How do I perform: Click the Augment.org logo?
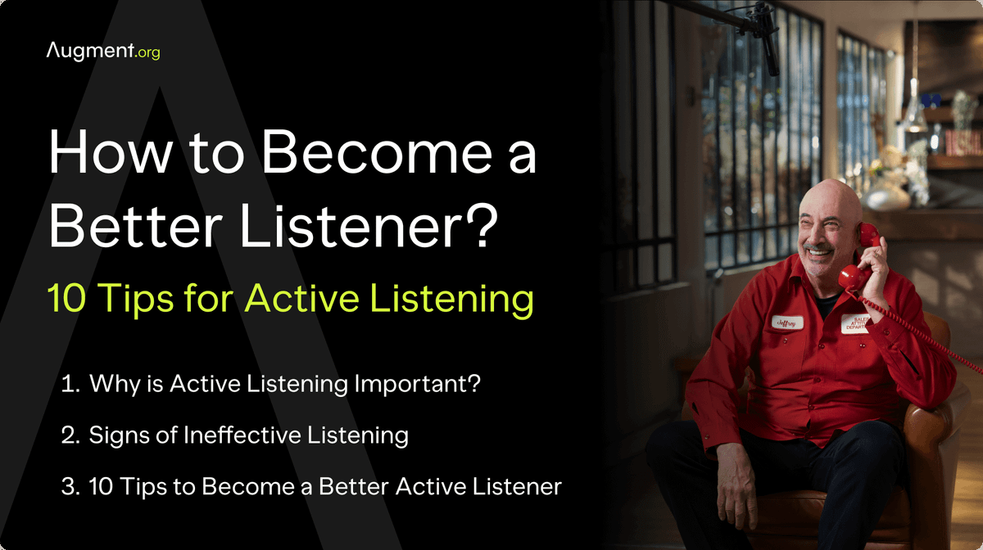point(103,52)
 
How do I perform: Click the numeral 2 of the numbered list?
point(69,435)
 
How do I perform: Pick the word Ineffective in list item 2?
point(233,435)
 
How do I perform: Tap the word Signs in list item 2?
point(119,435)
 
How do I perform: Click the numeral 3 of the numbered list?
point(69,486)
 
